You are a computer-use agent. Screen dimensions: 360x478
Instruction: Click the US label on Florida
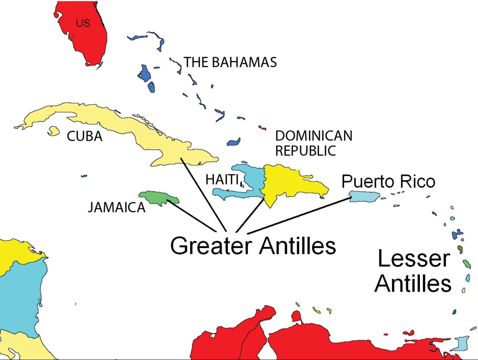tap(83, 23)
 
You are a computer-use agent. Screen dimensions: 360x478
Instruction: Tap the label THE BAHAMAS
tap(230, 62)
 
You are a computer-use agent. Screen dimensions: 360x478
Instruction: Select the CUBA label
tap(85, 136)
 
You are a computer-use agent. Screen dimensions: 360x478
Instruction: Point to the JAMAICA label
tap(117, 207)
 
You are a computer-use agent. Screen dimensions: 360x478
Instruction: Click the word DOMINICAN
tap(314, 136)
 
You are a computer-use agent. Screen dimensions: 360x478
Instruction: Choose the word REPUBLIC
tap(306, 151)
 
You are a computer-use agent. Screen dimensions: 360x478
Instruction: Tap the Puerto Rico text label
tap(388, 181)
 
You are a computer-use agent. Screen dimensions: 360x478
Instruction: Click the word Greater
tap(211, 246)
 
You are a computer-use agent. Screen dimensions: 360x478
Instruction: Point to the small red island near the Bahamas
tap(262, 127)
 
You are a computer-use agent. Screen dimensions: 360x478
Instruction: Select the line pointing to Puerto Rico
tap(299, 215)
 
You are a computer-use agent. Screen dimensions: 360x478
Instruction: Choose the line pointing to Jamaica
tap(191, 216)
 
